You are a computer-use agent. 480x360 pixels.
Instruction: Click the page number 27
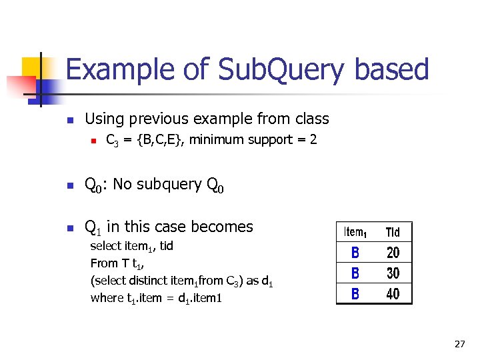pyautogui.click(x=459, y=344)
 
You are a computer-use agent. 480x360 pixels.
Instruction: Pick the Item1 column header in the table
pyautogui.click(x=355, y=232)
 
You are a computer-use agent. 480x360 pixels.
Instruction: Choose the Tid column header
pyautogui.click(x=393, y=232)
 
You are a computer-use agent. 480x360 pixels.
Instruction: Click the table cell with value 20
pyautogui.click(x=393, y=253)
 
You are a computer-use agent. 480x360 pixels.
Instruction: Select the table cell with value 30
pyautogui.click(x=393, y=273)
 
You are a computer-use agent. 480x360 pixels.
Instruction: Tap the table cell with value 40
pyautogui.click(x=393, y=293)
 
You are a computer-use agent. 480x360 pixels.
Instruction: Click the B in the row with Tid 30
pyautogui.click(x=355, y=273)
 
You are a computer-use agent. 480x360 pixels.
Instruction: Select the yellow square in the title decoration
pyautogui.click(x=33, y=68)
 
